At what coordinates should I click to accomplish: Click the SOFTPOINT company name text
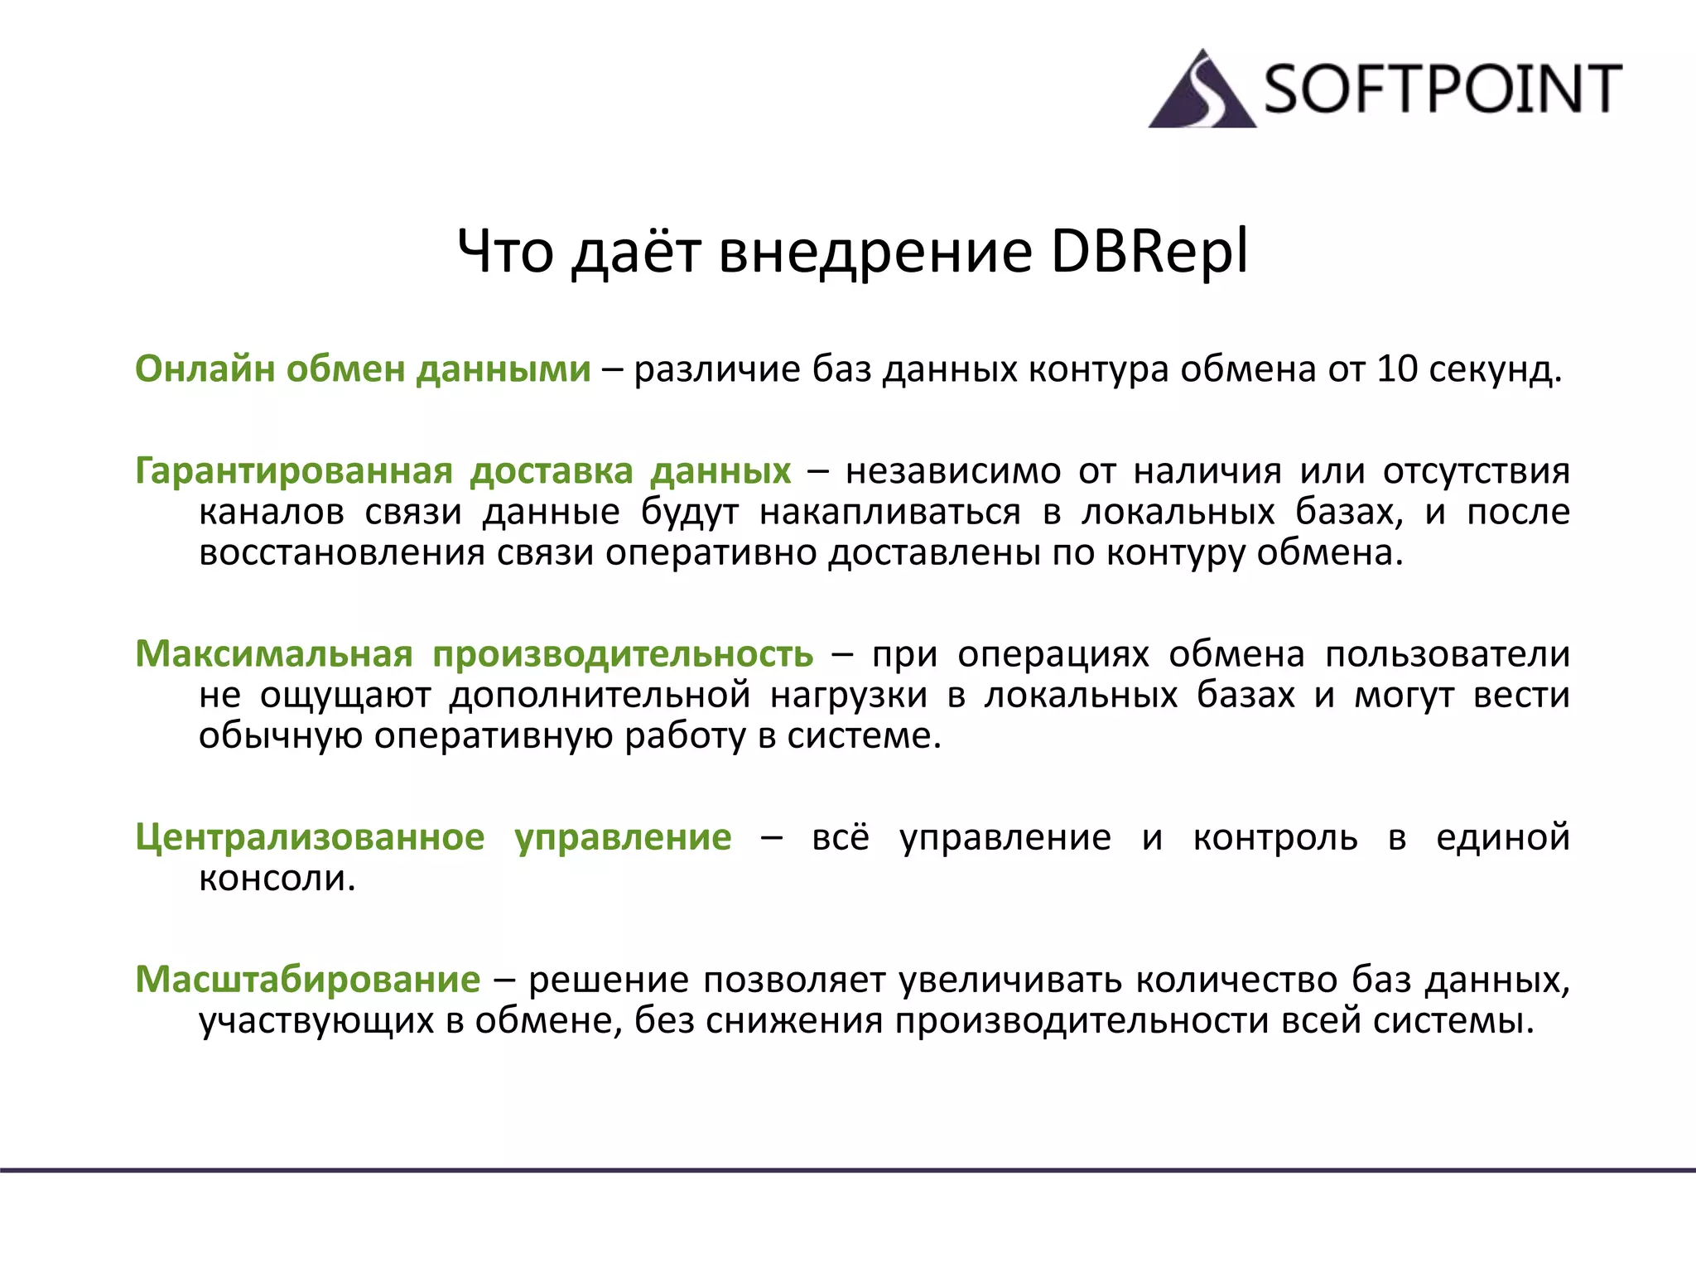point(1442,89)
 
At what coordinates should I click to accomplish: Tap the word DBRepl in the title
point(1149,252)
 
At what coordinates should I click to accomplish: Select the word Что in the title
point(505,252)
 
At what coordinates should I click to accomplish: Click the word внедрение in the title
point(875,253)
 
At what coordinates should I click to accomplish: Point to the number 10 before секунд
point(1397,369)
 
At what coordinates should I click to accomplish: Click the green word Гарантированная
point(294,472)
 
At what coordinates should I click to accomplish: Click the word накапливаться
point(890,513)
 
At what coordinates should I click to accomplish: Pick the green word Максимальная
point(274,654)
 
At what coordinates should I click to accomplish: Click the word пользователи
point(1448,654)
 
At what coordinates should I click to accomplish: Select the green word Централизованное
point(310,837)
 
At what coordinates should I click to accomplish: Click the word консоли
point(277,878)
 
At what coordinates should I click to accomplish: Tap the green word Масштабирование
point(307,980)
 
